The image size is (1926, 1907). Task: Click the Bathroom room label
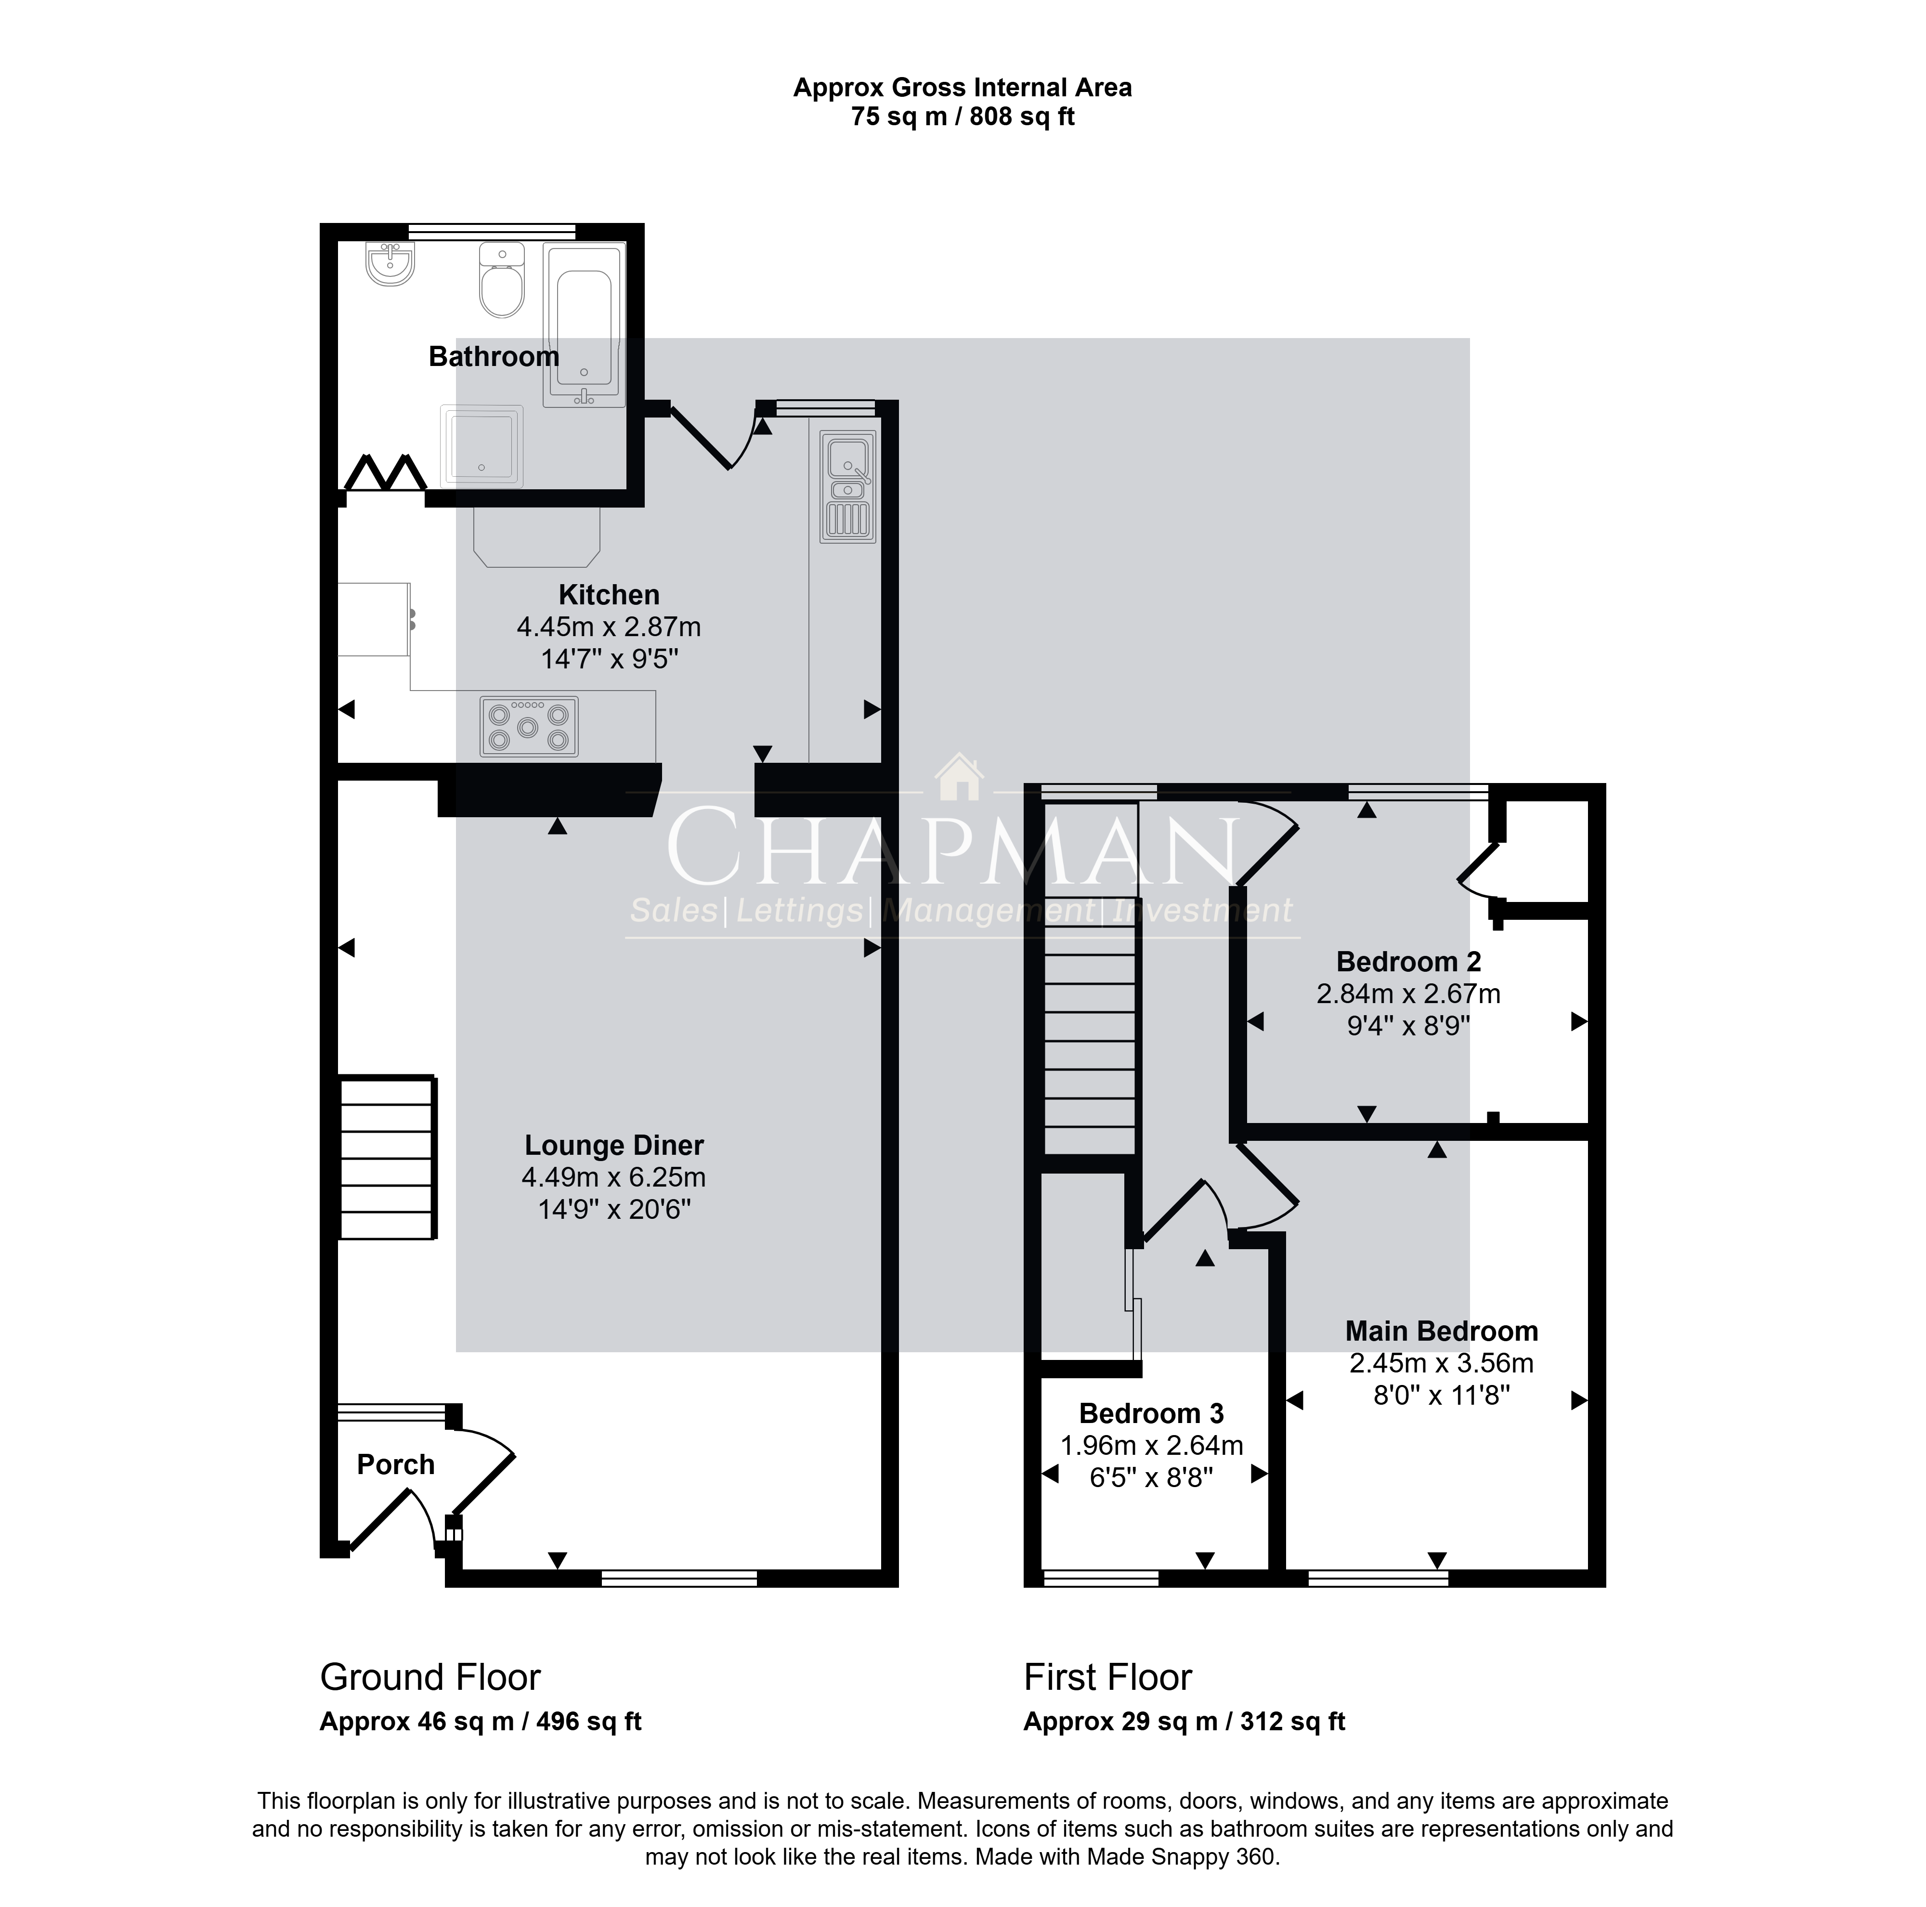(x=494, y=357)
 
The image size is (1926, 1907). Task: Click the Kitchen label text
(x=609, y=595)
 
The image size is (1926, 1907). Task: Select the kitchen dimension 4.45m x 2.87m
(x=609, y=627)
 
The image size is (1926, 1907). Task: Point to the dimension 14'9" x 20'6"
(x=614, y=1209)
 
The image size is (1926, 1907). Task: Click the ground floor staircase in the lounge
(x=388, y=1156)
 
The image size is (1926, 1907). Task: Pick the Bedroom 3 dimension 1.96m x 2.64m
(x=1151, y=1446)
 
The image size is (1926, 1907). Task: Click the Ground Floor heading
(x=429, y=1678)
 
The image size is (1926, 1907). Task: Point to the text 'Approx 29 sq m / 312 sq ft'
(x=1184, y=1722)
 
